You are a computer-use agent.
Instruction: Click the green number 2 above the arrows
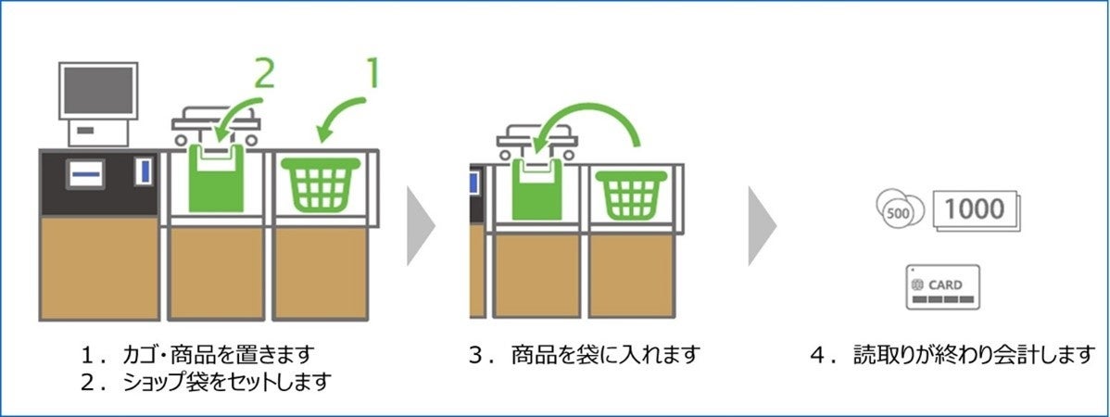click(264, 72)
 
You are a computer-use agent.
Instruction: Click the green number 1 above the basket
click(372, 74)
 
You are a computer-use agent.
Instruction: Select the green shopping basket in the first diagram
click(321, 186)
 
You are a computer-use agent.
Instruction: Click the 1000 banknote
click(975, 209)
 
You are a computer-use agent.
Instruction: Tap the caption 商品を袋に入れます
click(594, 354)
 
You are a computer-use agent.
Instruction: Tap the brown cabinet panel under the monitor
click(99, 269)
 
